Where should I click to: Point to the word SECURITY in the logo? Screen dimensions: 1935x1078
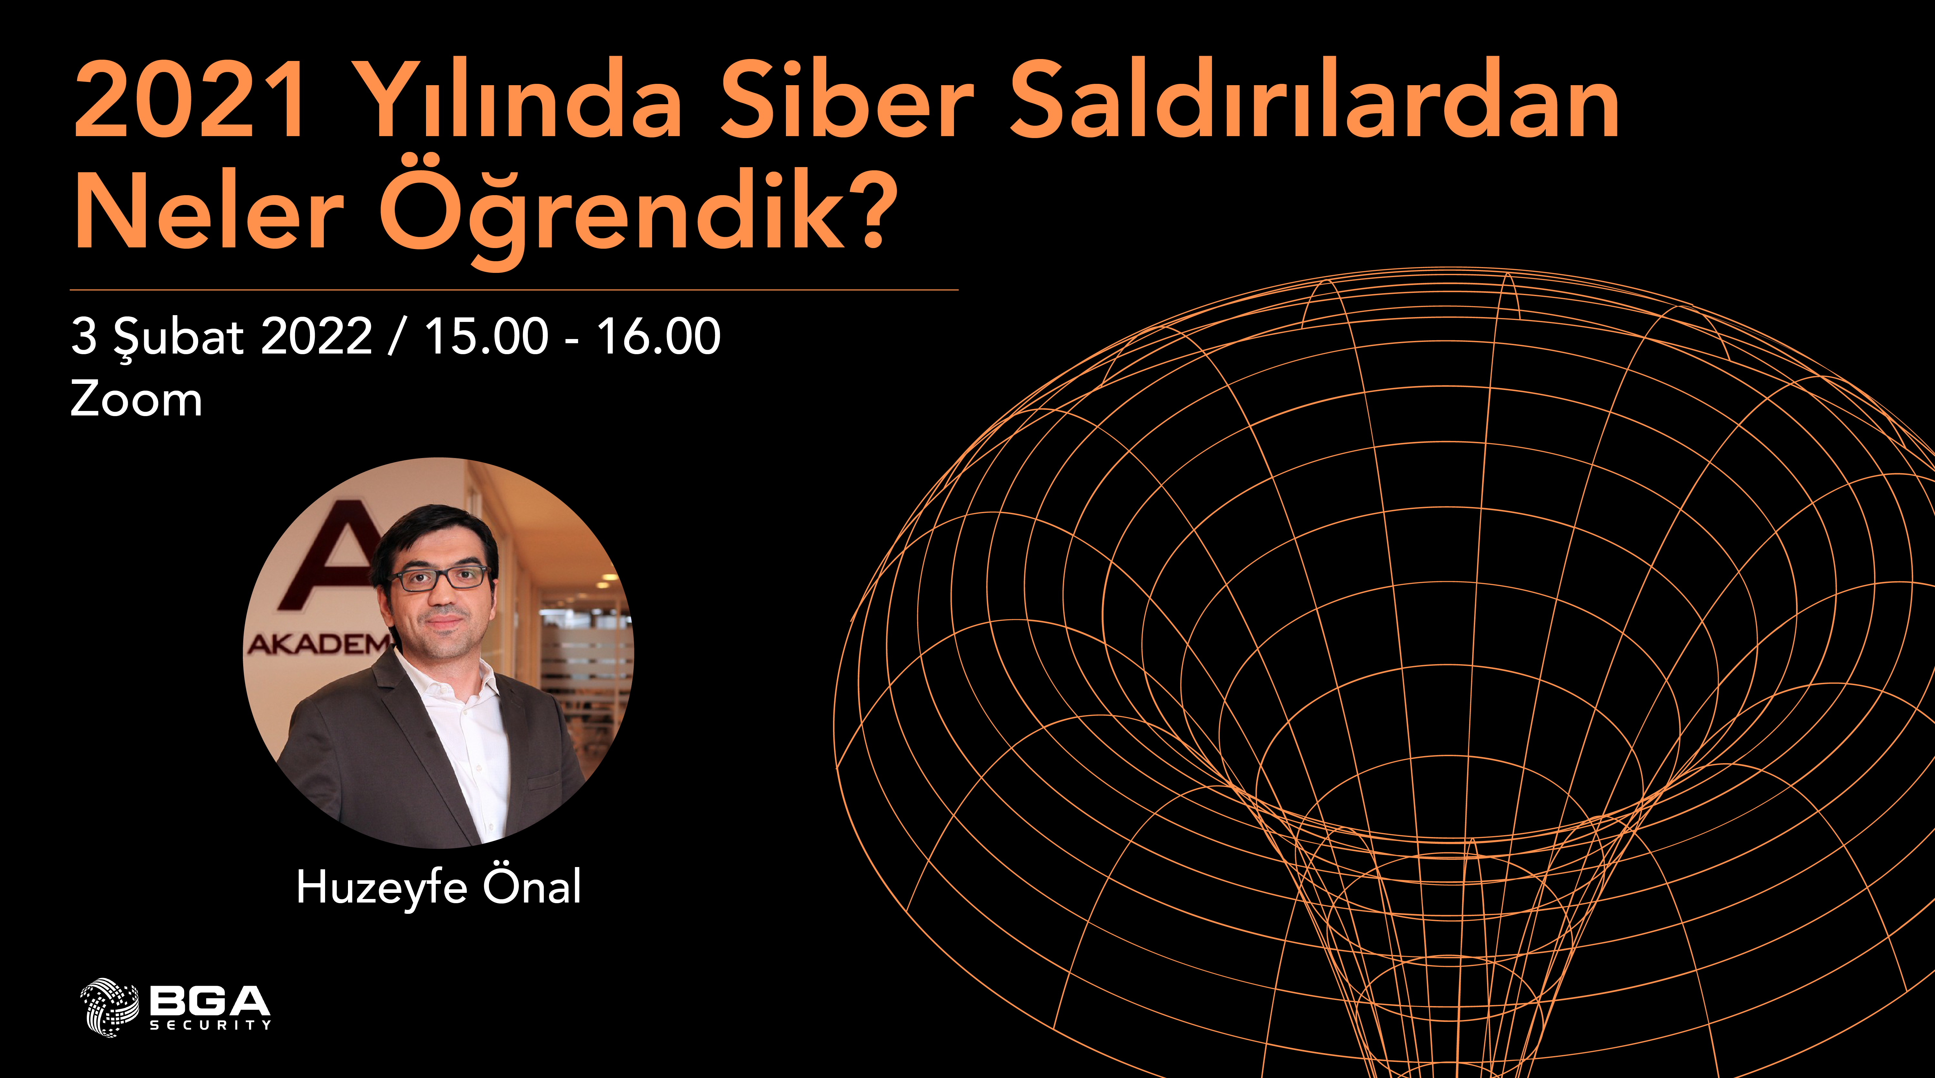click(210, 1025)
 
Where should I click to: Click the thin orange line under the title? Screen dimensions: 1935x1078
click(514, 289)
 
